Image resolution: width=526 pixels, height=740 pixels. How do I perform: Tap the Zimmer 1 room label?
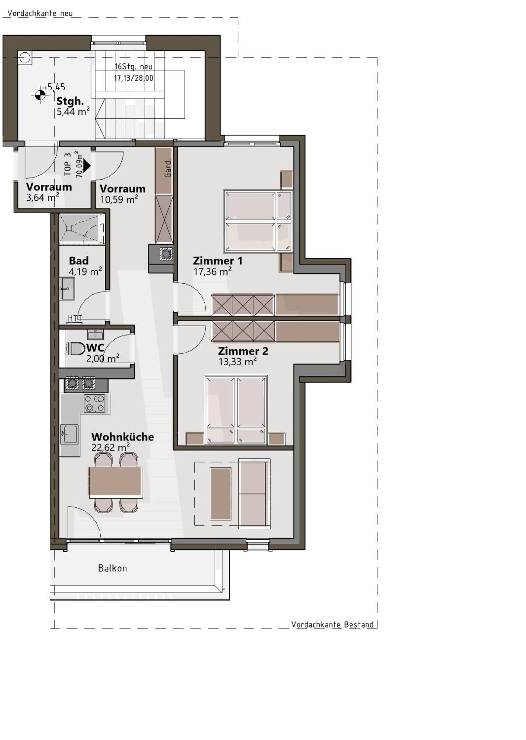(217, 261)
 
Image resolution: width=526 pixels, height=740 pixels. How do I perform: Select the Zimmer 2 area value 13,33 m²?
(238, 361)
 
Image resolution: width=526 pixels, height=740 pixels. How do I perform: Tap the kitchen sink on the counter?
(69, 434)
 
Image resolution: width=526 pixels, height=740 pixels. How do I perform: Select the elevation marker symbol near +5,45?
(40, 95)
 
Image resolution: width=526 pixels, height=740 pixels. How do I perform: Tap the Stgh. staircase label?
(70, 101)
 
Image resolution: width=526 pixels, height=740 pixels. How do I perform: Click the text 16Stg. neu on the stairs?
(133, 67)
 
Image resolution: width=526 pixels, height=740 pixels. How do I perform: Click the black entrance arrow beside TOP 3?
(87, 166)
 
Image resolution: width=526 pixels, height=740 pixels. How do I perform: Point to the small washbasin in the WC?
(95, 334)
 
